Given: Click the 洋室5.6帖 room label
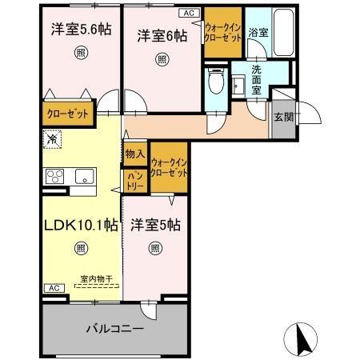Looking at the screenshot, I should tap(82, 30).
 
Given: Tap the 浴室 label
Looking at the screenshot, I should tap(258, 33).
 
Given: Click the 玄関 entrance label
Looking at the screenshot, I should tap(283, 117).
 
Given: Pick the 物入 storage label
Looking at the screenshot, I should tap(134, 154).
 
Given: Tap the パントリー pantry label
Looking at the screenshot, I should tap(134, 179).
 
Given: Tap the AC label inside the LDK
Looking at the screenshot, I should tap(52, 287).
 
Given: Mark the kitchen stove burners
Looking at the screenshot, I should tap(54, 176).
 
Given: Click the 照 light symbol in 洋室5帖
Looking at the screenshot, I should tap(154, 247).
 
